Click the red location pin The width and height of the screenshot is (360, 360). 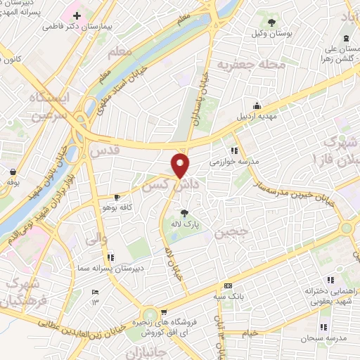[x=181, y=166]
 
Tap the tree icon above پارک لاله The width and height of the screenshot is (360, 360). [x=184, y=212]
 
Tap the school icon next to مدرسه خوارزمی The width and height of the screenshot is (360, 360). [x=233, y=150]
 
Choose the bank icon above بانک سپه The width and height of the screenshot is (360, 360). [x=228, y=285]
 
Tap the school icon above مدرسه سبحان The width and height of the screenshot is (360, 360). [x=323, y=327]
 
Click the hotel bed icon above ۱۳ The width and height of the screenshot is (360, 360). [x=96, y=292]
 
